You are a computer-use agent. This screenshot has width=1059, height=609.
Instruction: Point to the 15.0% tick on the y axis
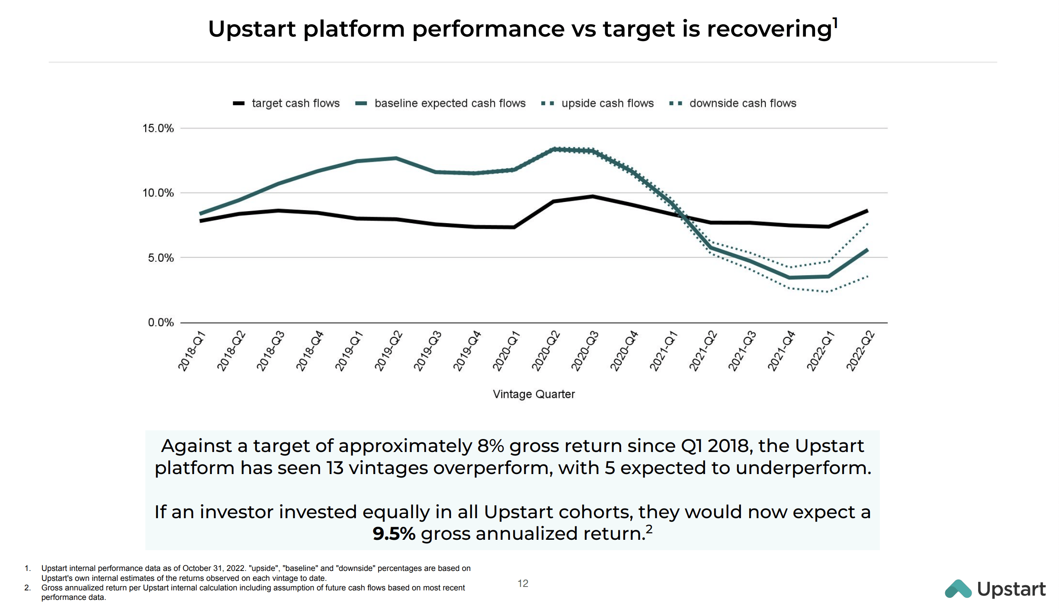(158, 128)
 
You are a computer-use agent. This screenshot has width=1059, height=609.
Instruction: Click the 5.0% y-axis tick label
(161, 258)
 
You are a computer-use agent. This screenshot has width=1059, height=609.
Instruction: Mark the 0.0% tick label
(161, 323)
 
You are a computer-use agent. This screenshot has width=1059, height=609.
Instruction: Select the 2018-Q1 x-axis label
(192, 351)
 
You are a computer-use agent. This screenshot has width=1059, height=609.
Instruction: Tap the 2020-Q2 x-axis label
(546, 351)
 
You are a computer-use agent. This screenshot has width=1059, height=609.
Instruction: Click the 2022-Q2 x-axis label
(860, 351)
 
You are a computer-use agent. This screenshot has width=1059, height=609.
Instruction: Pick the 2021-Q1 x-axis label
(664, 351)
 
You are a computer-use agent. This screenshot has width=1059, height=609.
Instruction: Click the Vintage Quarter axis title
(534, 394)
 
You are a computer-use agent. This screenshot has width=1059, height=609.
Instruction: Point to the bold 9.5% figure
(394, 534)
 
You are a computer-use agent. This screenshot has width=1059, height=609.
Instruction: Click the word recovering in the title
(769, 29)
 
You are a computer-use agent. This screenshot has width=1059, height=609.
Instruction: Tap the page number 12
(523, 584)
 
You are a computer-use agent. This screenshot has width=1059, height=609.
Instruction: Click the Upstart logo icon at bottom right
(958, 589)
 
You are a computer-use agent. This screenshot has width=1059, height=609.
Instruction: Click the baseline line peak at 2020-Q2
(554, 149)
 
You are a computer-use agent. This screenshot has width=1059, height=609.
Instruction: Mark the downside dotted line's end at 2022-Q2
(867, 276)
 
